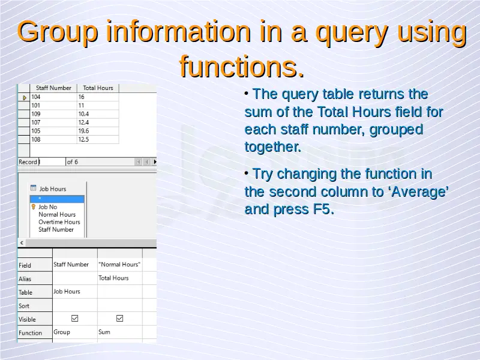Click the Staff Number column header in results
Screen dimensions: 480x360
point(53,88)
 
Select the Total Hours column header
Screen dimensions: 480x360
point(98,88)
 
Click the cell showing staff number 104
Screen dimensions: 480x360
point(53,97)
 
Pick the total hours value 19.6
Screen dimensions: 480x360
point(98,131)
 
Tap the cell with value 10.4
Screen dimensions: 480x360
point(98,114)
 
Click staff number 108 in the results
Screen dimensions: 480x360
point(53,140)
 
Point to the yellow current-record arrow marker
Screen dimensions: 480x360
point(25,98)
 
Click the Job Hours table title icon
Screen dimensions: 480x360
point(34,188)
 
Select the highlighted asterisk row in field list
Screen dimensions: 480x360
point(57,199)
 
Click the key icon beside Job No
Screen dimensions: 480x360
point(34,207)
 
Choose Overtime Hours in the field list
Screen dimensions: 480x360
point(59,222)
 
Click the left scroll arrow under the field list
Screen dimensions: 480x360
point(22,243)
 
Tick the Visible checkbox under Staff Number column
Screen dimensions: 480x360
point(74,319)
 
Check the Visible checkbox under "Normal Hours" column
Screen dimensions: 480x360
point(119,319)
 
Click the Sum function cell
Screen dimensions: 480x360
point(119,332)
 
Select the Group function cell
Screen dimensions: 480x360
point(74,332)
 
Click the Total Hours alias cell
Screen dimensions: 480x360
point(119,278)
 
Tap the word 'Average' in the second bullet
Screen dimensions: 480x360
point(419,192)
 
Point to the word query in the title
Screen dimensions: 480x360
point(352,34)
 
